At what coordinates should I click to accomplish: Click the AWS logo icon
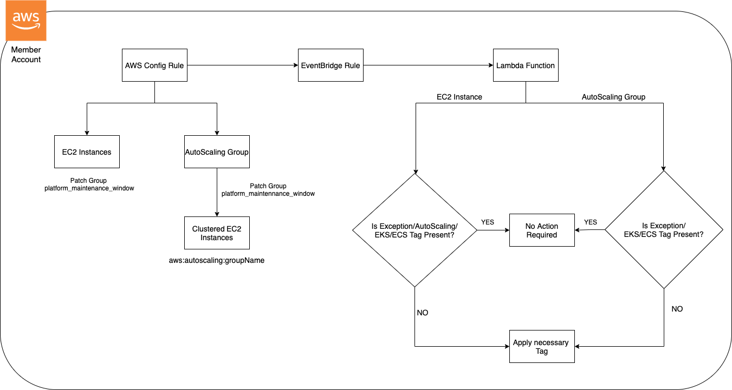pos(25,21)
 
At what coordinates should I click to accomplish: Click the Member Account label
pos(26,55)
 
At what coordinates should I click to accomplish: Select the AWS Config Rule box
pos(154,65)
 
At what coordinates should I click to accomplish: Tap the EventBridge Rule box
pos(331,65)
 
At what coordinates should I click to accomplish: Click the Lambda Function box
pos(525,65)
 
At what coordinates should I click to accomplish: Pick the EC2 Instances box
pos(87,152)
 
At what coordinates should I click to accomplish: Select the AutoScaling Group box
pos(217,152)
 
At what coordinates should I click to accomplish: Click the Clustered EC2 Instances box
pos(217,233)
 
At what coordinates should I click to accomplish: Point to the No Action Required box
pos(541,230)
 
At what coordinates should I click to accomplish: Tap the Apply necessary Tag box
pos(541,347)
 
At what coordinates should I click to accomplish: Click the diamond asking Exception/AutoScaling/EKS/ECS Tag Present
pos(414,230)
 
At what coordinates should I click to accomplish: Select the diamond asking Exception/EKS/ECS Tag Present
pos(664,230)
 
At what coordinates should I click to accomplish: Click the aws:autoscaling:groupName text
pos(217,260)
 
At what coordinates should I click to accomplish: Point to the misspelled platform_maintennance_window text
pos(268,193)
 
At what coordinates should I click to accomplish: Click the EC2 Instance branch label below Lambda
pos(459,97)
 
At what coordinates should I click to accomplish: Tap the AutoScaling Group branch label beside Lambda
pos(613,97)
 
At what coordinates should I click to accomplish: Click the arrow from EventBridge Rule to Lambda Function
pos(428,65)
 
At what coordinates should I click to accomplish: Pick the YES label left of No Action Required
pos(488,222)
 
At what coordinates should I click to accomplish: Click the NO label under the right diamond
pos(677,309)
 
